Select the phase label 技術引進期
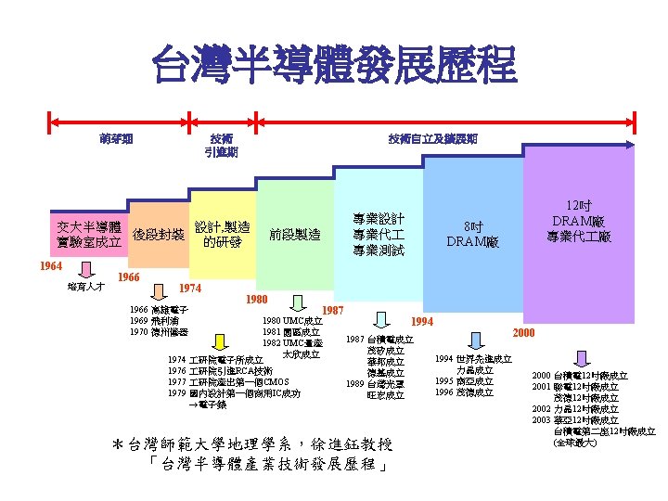click(221, 146)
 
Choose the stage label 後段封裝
click(158, 235)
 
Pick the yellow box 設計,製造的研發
click(222, 235)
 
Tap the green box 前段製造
click(295, 235)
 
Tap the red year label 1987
click(334, 310)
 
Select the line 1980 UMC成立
click(291, 321)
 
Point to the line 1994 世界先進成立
click(473, 358)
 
